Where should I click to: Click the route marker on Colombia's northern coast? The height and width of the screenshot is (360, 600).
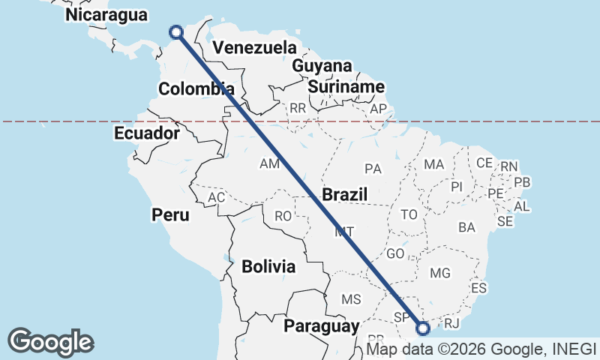[x=176, y=31]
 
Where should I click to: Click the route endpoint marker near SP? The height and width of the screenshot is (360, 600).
[x=423, y=327]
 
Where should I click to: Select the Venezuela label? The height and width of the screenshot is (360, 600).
[x=254, y=48]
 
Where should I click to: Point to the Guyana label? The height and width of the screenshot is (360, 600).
[x=322, y=66]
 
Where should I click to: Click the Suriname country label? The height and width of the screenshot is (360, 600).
[x=346, y=87]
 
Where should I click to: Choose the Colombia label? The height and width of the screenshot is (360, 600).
[x=196, y=89]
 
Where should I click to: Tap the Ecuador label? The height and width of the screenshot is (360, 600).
[x=147, y=133]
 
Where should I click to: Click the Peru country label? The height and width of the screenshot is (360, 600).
[x=171, y=215]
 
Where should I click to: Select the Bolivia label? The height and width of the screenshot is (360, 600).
[x=268, y=266]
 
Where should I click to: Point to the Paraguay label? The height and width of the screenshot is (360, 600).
[x=321, y=326]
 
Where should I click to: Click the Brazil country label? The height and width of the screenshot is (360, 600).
[x=344, y=195]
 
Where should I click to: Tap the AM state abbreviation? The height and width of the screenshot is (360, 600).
[x=268, y=163]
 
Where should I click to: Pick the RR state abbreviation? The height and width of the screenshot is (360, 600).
[x=298, y=108]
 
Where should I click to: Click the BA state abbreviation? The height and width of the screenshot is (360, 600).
[x=466, y=226]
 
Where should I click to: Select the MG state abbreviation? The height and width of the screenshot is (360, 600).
[x=440, y=272]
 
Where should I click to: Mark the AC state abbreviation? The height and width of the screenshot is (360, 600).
[x=217, y=197]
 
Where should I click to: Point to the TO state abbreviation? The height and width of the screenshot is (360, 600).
[x=409, y=214]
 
